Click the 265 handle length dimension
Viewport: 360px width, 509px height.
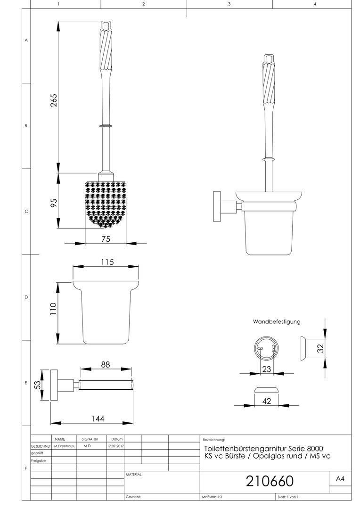pyautogui.click(x=54, y=100)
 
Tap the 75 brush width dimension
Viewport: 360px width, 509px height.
pyautogui.click(x=106, y=238)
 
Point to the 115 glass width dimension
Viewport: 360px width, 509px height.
pyautogui.click(x=107, y=262)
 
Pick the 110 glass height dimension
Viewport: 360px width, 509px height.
pyautogui.click(x=53, y=309)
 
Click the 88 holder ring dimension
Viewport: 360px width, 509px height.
pyautogui.click(x=106, y=364)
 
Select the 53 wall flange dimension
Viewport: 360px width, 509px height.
pyautogui.click(x=38, y=385)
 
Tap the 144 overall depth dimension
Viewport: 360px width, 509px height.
pyautogui.click(x=98, y=419)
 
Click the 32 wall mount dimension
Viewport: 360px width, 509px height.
pyautogui.click(x=320, y=348)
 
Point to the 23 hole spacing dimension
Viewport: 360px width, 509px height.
pyautogui.click(x=267, y=369)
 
